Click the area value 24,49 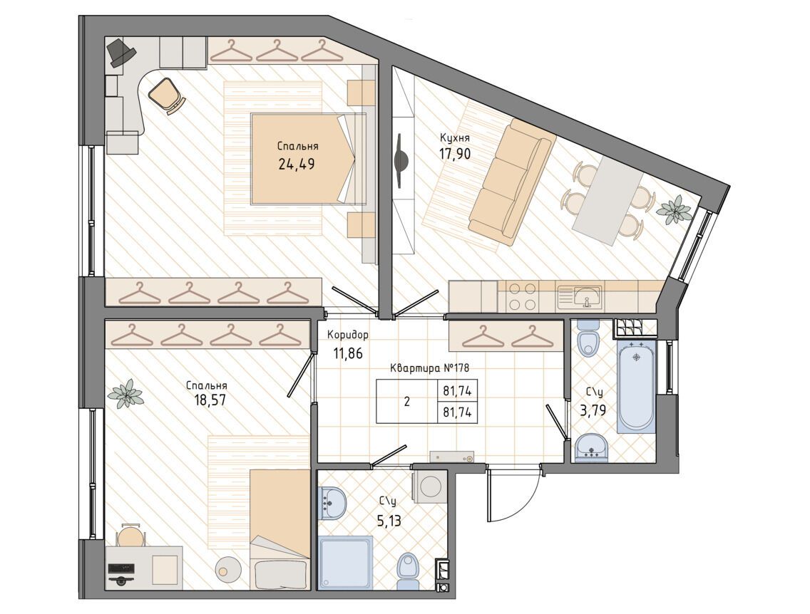click(x=297, y=164)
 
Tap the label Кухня click(x=455, y=137)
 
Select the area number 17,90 click(x=455, y=153)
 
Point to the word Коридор click(x=348, y=335)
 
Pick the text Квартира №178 click(x=429, y=368)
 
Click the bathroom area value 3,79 click(x=593, y=411)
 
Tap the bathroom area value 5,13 click(x=389, y=521)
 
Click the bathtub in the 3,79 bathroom click(x=637, y=385)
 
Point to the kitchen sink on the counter click(x=587, y=296)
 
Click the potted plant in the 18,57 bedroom click(x=124, y=394)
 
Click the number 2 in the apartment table click(x=407, y=402)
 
